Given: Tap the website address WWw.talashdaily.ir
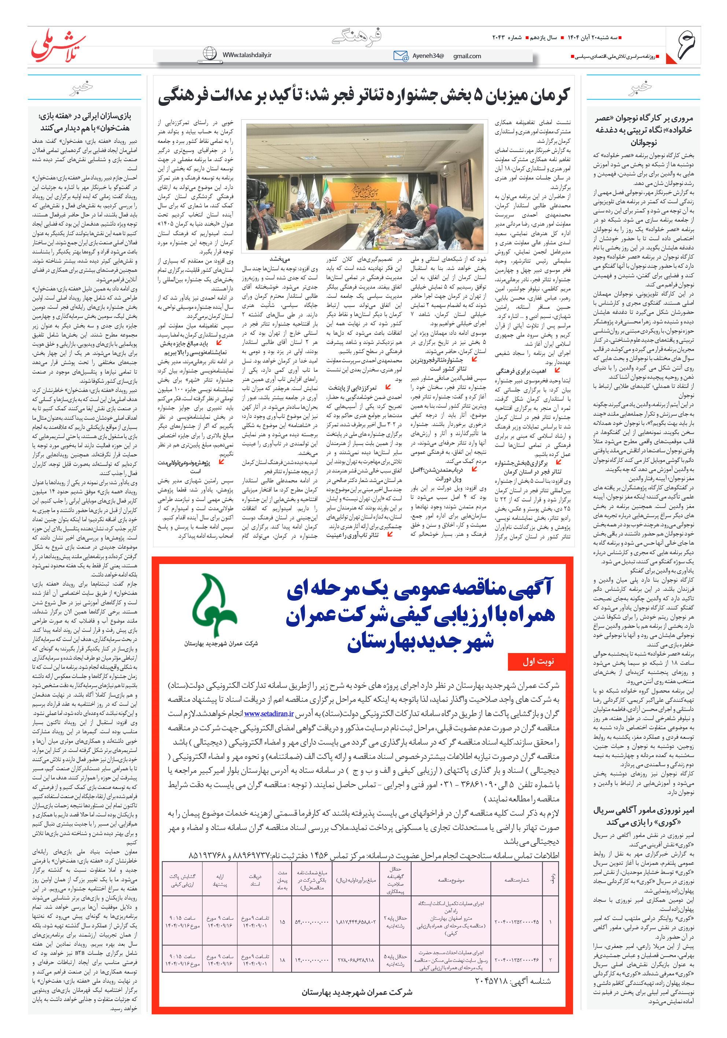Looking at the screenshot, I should tap(247, 55).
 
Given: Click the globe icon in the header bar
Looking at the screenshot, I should tap(210, 53).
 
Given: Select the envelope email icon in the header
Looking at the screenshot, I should tap(401, 56).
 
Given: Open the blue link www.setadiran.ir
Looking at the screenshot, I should tap(269, 713).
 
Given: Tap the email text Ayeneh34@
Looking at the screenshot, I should tap(428, 56).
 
